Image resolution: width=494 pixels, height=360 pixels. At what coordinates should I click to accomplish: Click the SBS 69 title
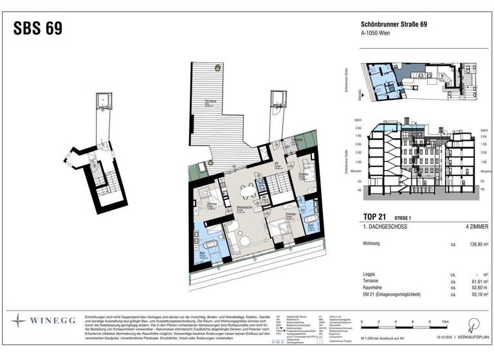pos(38,29)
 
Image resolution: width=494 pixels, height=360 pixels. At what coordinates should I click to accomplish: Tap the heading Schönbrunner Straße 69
pos(393,25)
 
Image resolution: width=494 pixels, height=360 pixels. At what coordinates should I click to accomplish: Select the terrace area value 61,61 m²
pos(473,281)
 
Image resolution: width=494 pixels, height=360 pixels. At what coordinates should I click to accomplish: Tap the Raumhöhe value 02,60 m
pos(473,289)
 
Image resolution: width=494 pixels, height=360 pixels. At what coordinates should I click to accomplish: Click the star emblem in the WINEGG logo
pos(19,319)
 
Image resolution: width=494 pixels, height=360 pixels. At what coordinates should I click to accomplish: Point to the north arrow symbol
pos(475,323)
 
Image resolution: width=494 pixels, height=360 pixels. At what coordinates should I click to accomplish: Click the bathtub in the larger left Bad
pos(210,246)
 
